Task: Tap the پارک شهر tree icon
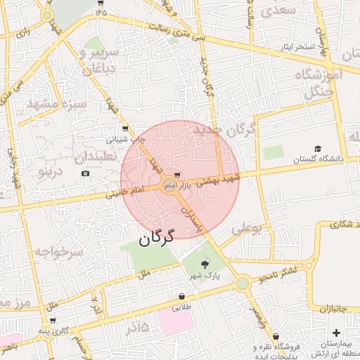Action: coord(205,264)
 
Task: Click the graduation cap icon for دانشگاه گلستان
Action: coord(318,149)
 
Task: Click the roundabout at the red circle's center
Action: coord(169,186)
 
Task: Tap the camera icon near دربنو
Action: coord(86,174)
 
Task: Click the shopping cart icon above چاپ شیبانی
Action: coord(125,129)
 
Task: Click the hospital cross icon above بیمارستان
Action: coord(336,333)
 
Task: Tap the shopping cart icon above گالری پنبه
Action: coord(53,321)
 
